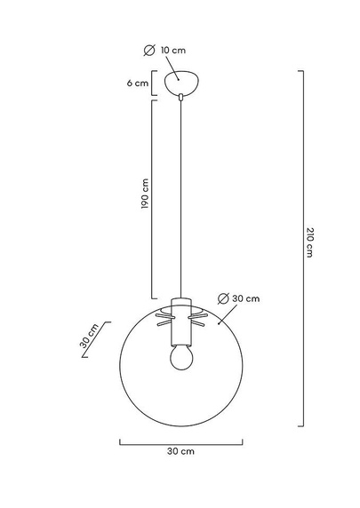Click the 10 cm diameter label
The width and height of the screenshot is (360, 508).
pos(173,51)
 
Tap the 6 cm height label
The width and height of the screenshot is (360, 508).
pos(138,83)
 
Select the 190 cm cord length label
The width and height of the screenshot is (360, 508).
pos(145,194)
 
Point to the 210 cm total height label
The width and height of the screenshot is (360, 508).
pos(309,242)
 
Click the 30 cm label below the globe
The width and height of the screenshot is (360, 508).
pos(181,451)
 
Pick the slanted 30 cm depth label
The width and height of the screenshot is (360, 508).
pos(89,336)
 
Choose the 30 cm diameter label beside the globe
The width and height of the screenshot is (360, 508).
pos(246,298)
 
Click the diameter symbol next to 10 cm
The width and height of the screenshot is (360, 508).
pos(149,51)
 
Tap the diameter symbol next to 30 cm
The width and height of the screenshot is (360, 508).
pos(223,298)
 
